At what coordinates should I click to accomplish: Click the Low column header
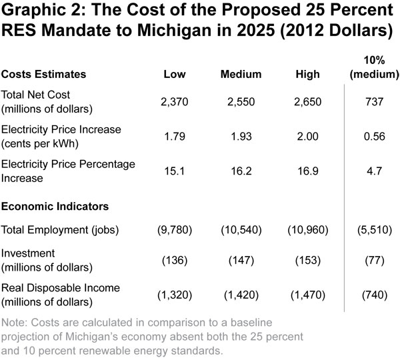click(175, 73)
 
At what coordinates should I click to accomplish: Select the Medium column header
click(241, 73)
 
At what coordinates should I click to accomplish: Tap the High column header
click(307, 73)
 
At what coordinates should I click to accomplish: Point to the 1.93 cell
click(241, 137)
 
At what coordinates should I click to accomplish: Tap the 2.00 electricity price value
click(307, 137)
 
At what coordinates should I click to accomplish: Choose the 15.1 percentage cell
click(175, 171)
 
